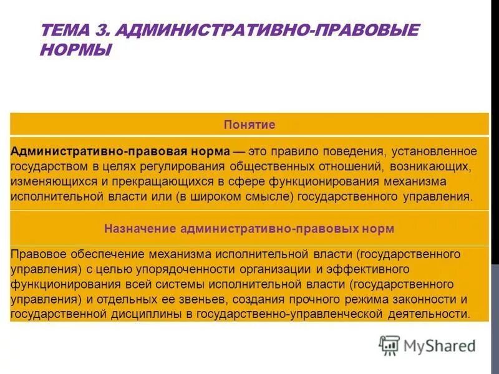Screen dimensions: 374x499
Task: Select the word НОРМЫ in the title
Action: tap(75, 50)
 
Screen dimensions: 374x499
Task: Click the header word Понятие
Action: tap(249, 125)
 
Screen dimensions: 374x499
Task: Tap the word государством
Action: tap(47, 166)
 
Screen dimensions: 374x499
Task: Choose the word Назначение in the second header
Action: tap(140, 229)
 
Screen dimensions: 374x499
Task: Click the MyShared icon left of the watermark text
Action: tap(389, 345)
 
